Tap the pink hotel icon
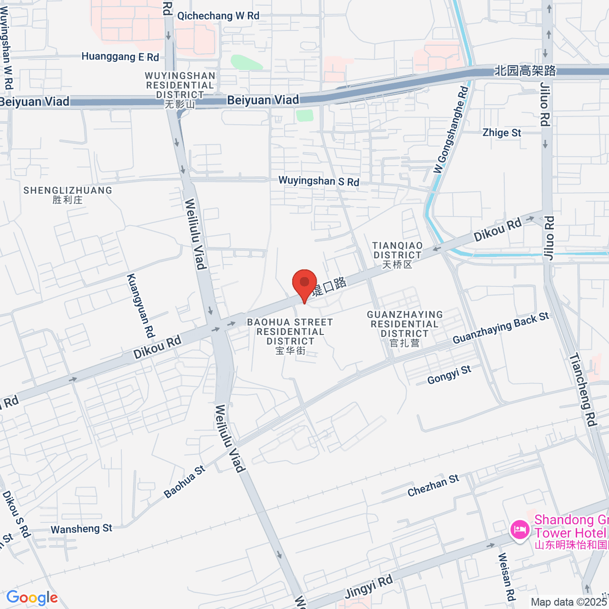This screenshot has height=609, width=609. tap(519, 530)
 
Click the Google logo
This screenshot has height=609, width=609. tap(32, 598)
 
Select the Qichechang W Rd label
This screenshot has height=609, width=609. tap(218, 16)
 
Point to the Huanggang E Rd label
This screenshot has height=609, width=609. tap(120, 57)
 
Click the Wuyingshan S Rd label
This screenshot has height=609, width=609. tap(319, 181)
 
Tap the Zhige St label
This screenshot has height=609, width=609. tap(502, 133)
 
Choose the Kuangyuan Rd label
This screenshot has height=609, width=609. tap(140, 306)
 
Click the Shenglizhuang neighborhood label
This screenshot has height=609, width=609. tap(67, 195)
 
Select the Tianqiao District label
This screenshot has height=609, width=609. tap(397, 255)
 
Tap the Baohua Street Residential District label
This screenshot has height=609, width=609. tap(290, 336)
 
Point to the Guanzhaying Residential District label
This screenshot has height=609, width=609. tap(405, 328)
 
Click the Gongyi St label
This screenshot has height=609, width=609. tap(449, 375)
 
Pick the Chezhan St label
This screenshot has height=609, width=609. tap(433, 486)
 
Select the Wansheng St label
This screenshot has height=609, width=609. tap(81, 529)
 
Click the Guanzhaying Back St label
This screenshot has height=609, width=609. tap(501, 328)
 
